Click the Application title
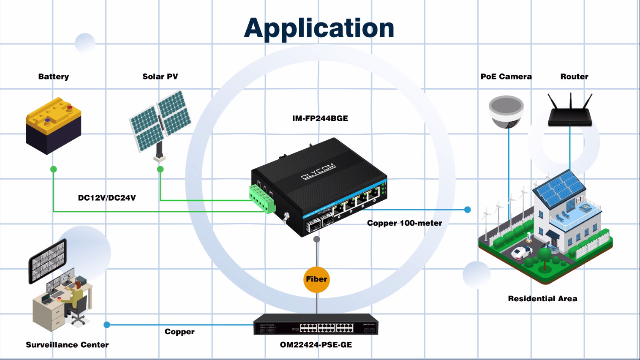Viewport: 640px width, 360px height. [319, 28]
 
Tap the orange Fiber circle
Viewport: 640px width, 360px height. [316, 279]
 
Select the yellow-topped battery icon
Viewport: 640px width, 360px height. [53, 125]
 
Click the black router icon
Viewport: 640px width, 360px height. [570, 114]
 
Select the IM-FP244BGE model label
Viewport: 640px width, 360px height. [320, 118]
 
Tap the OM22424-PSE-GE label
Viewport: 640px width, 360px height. [316, 345]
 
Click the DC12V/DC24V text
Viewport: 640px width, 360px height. [107, 198]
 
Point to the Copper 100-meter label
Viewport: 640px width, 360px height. [404, 223]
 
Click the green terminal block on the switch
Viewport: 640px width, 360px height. [262, 198]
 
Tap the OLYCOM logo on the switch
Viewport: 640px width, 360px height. [318, 171]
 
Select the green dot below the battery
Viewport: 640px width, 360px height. [54, 169]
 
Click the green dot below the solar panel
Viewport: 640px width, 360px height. [160, 169]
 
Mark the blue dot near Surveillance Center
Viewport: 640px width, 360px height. [107, 325]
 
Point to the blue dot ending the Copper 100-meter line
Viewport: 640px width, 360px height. [467, 210]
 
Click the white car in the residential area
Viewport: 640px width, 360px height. [521, 253]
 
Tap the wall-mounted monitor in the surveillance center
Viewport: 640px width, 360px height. [47, 261]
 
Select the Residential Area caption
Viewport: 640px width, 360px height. [542, 299]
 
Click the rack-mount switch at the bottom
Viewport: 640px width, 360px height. [316, 325]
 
